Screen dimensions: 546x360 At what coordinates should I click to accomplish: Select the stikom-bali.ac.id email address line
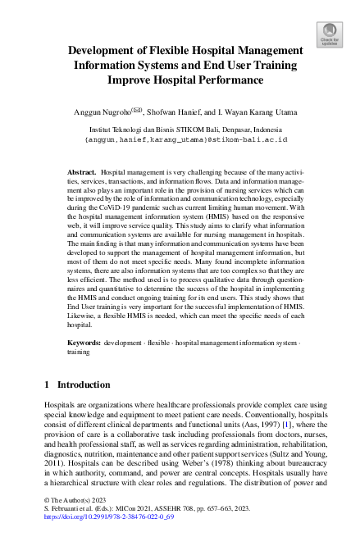tap(186, 139)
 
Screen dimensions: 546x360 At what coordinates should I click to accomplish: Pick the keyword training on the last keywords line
tap(79, 371)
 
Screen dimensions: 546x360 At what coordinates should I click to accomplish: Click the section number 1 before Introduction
tap(47, 407)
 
